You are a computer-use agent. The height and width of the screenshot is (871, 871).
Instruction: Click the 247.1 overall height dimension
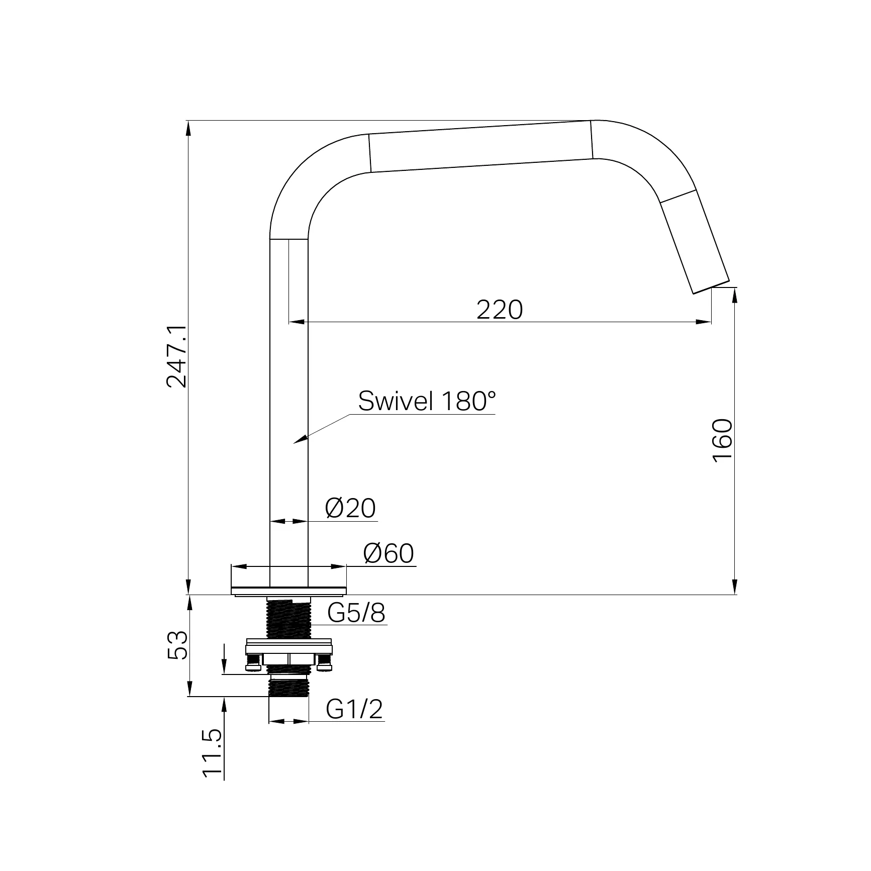(176, 356)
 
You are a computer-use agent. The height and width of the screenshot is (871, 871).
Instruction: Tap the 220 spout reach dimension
(500, 310)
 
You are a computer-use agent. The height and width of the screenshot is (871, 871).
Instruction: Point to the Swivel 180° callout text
(427, 402)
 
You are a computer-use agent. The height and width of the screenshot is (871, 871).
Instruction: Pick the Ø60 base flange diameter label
(389, 554)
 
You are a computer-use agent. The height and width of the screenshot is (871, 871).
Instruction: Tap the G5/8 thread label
(356, 613)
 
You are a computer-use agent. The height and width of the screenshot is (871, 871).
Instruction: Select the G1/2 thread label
(354, 710)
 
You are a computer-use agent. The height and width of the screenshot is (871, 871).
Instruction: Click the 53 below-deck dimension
(176, 645)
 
